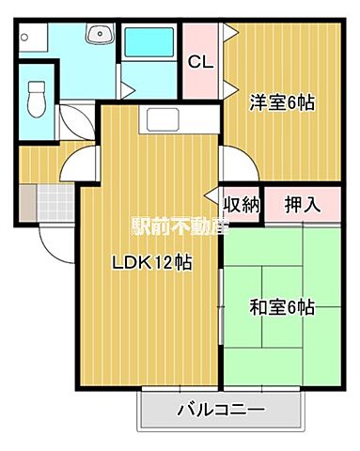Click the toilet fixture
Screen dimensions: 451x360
(x=39, y=96)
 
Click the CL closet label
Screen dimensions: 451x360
(x=199, y=63)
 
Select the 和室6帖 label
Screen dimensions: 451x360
(x=280, y=307)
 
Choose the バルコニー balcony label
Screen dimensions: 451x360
(x=221, y=411)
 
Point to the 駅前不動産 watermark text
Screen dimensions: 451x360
(x=179, y=226)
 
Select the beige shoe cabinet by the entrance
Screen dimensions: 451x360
(x=26, y=199)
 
